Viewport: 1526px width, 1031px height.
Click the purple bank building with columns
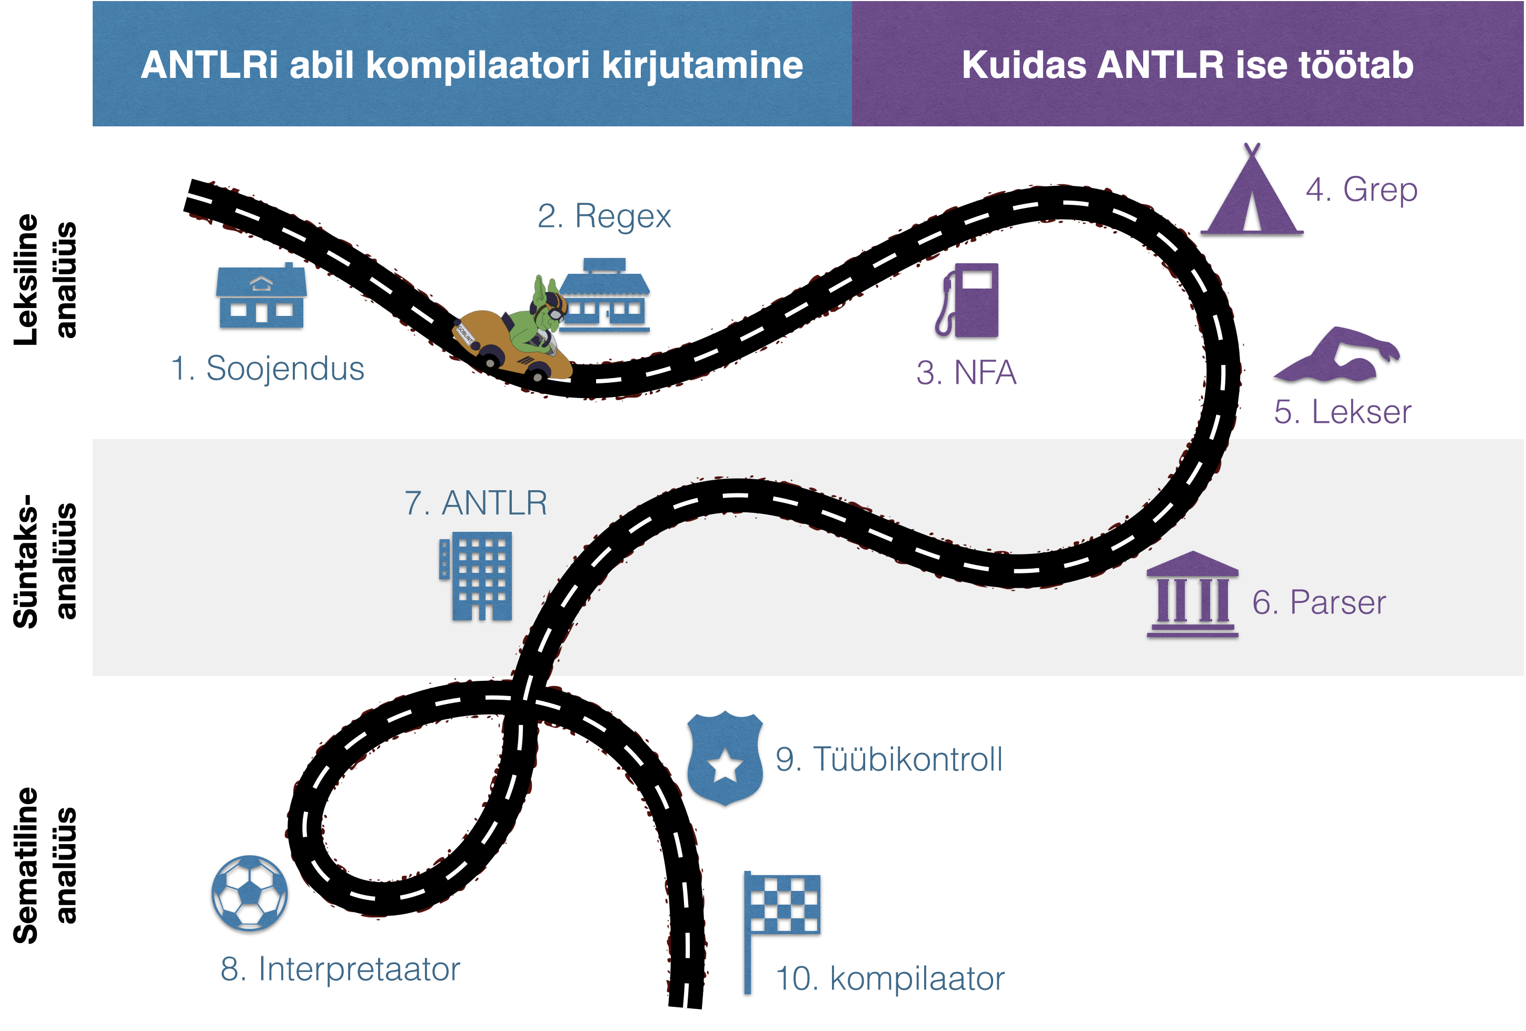pos(1192,595)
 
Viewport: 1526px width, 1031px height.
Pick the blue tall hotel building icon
pos(477,576)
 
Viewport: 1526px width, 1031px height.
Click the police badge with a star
pos(725,758)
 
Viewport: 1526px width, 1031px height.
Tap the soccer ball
pos(248,893)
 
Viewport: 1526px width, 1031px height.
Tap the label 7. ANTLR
pos(476,503)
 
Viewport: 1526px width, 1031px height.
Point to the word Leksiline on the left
pos(26,280)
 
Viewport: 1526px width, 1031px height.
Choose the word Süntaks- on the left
pos(26,561)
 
